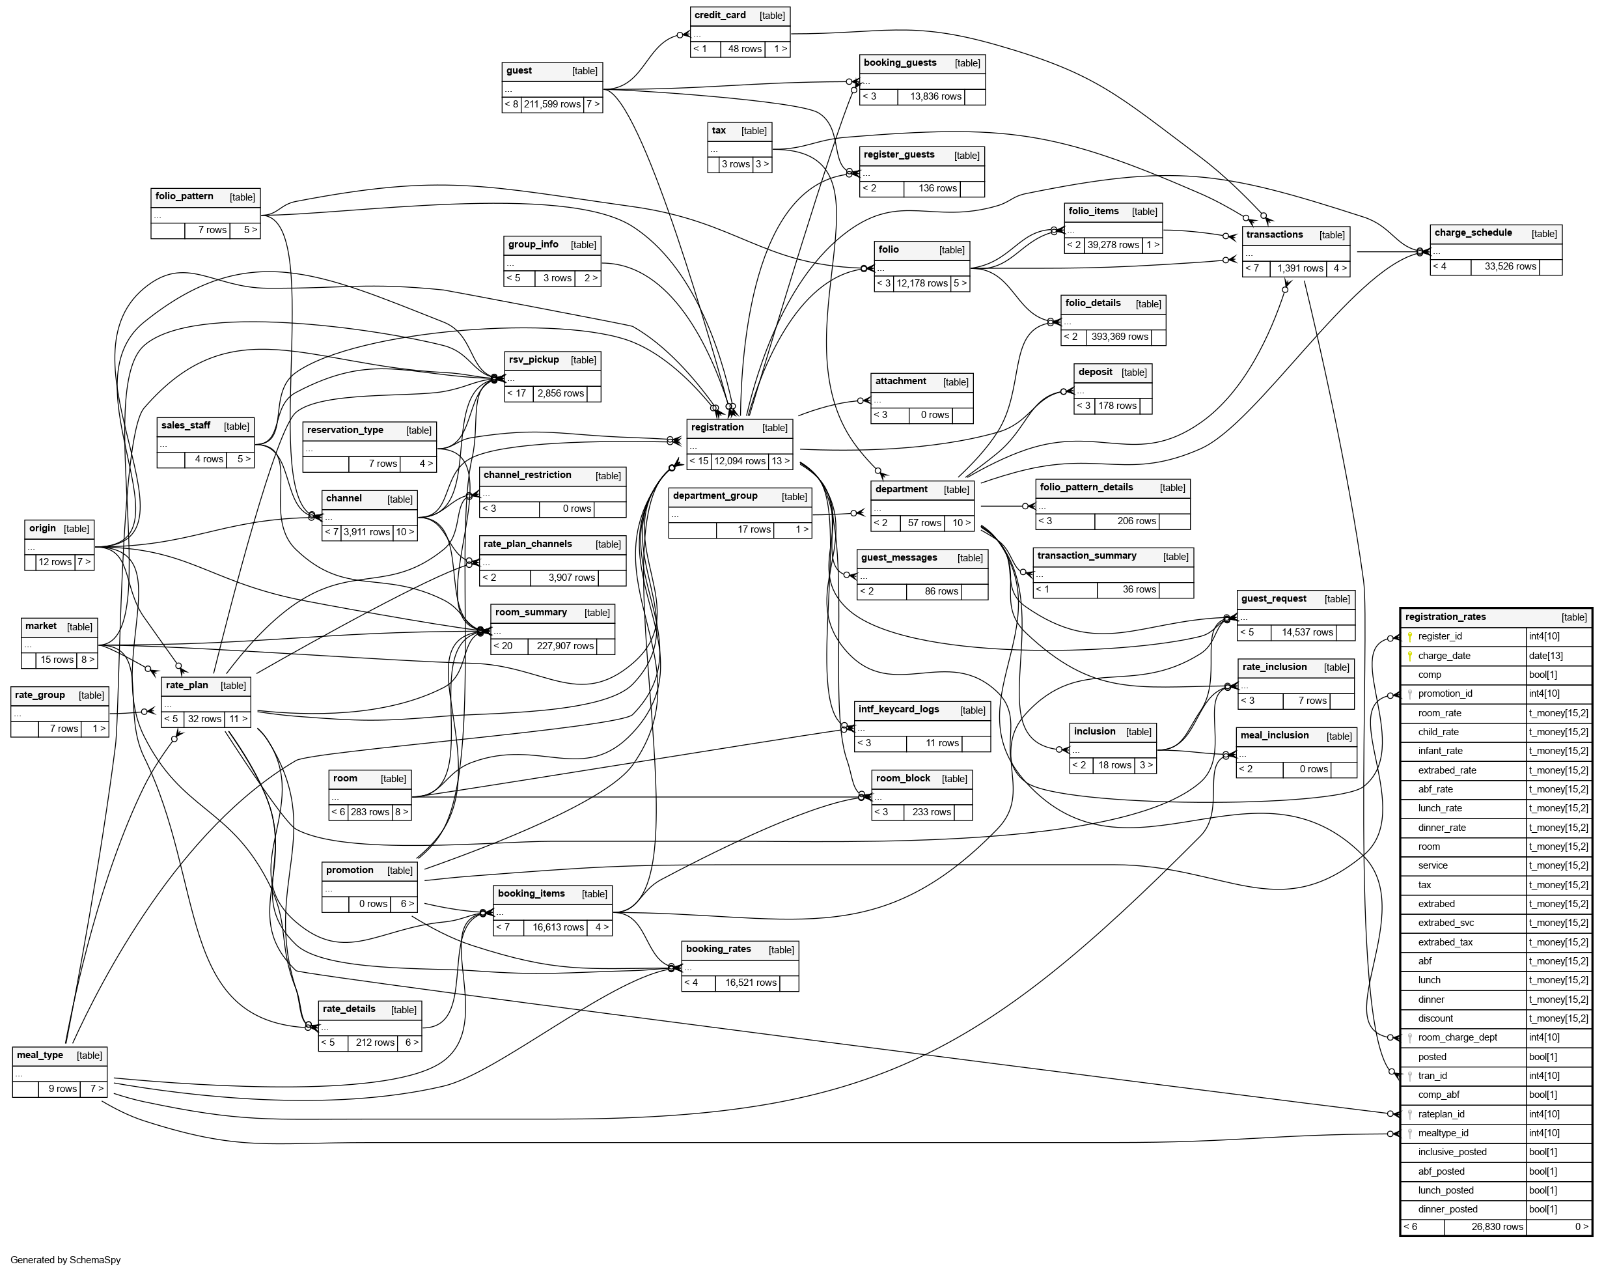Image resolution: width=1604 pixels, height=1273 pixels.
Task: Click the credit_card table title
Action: pyautogui.click(x=719, y=16)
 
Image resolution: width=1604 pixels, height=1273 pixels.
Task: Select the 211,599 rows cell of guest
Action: pyautogui.click(x=551, y=105)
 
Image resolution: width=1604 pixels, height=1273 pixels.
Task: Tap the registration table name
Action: pyautogui.click(x=717, y=428)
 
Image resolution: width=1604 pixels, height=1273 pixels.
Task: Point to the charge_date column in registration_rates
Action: pyautogui.click(x=1443, y=656)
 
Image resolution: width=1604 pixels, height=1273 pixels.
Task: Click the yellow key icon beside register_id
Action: pyautogui.click(x=1409, y=637)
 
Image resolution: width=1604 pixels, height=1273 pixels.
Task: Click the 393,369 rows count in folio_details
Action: pyautogui.click(x=1119, y=337)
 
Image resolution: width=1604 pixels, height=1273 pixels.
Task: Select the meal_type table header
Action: pyautogui.click(x=40, y=1056)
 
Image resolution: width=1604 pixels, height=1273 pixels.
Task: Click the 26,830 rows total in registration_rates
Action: pyautogui.click(x=1497, y=1227)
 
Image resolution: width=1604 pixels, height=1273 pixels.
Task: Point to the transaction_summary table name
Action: pyautogui.click(x=1086, y=557)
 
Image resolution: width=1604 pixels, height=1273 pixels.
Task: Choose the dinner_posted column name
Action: pyautogui.click(x=1447, y=1210)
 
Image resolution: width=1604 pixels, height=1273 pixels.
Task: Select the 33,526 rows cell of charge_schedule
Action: pyautogui.click(x=1510, y=267)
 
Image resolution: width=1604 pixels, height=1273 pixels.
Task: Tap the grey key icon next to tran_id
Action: pyautogui.click(x=1409, y=1076)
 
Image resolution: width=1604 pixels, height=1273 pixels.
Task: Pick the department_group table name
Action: pyautogui.click(x=714, y=496)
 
